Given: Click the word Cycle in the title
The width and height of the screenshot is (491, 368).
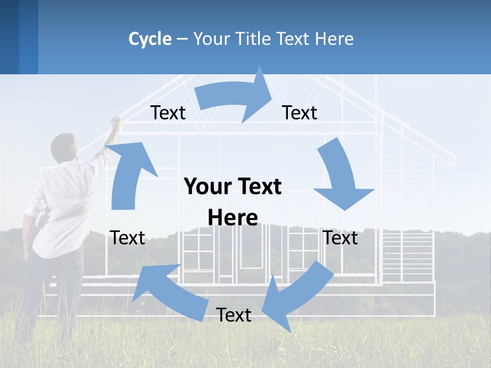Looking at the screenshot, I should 150,39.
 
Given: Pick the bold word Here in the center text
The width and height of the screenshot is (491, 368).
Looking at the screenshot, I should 233,218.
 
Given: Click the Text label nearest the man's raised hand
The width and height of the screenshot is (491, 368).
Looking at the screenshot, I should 168,113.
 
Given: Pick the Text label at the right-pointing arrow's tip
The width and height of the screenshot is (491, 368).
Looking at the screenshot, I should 300,113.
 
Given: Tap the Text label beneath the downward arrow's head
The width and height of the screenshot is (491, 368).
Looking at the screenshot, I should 341,238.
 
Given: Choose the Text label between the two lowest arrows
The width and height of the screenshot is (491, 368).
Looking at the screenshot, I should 234,315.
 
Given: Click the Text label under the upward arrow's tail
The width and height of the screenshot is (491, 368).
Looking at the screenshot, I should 128,238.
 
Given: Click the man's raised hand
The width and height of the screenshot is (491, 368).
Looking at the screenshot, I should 116,121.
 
